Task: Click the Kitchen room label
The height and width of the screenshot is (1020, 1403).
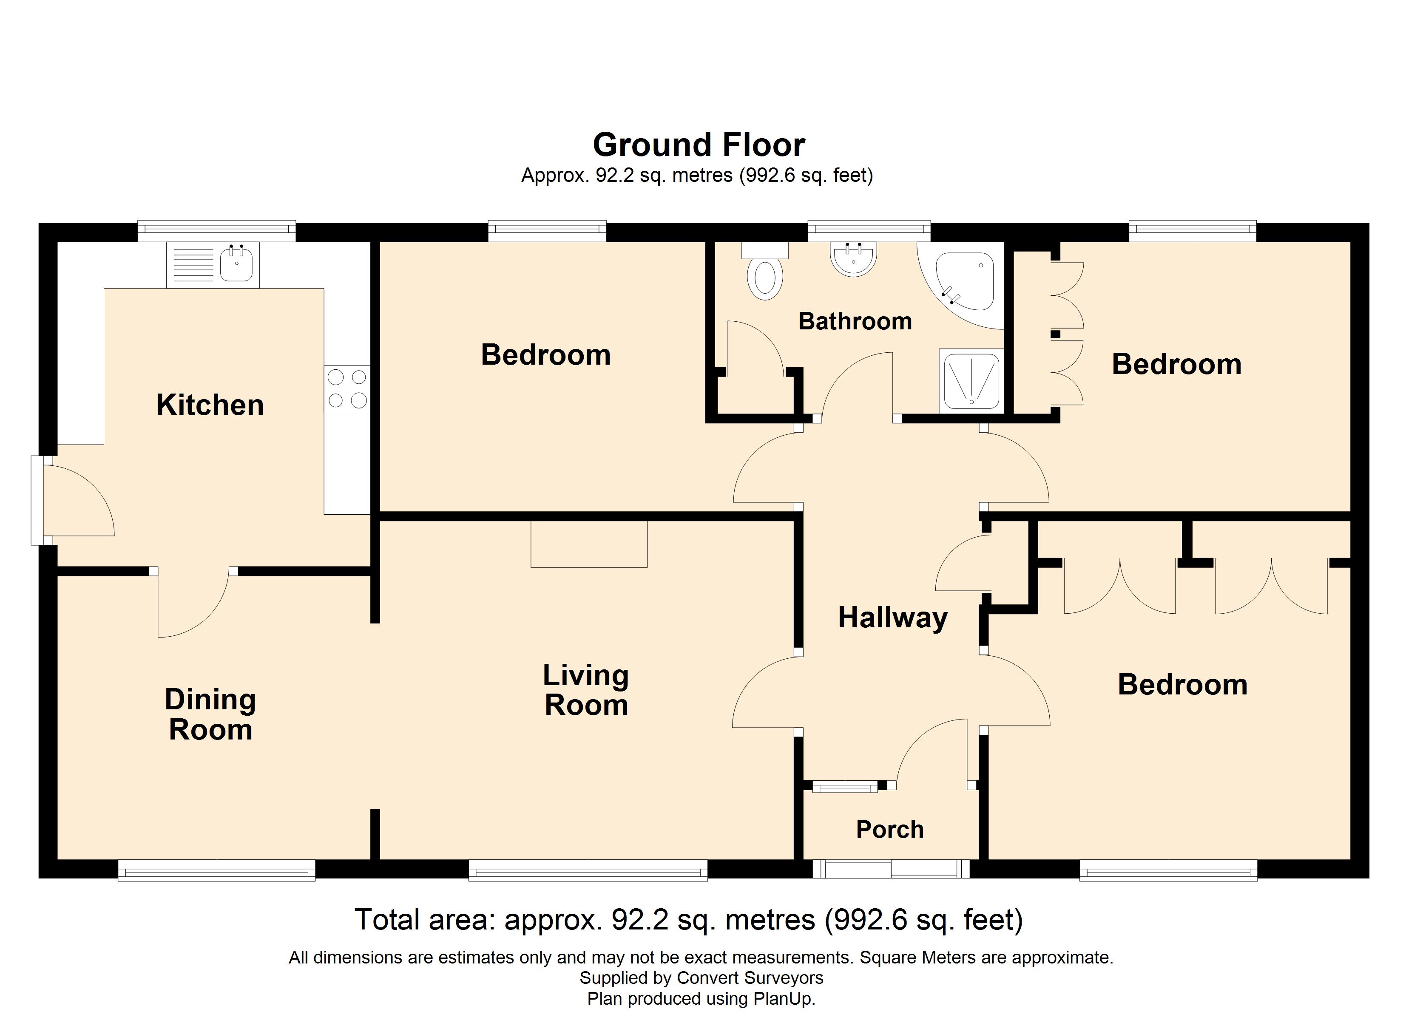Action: [210, 405]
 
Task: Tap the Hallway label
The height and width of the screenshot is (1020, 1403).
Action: [893, 618]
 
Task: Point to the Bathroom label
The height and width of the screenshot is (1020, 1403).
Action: [855, 321]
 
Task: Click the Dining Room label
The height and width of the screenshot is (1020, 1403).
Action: [210, 714]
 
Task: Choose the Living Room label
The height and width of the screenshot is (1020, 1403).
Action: [586, 690]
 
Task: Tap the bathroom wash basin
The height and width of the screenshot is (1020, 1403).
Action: [853, 258]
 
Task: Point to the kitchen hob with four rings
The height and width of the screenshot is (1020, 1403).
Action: [347, 388]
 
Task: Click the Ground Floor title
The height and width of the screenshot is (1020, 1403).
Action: [699, 145]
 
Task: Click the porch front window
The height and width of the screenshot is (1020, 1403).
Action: [891, 868]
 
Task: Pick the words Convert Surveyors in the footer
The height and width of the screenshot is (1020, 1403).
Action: [750, 978]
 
